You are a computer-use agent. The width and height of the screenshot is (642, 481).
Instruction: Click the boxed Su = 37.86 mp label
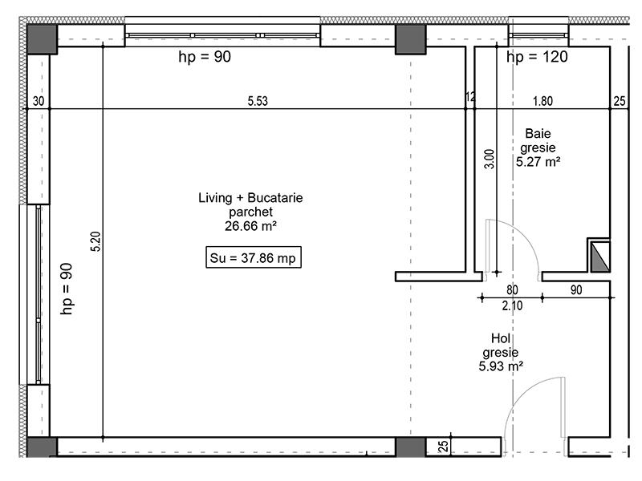pos(254,257)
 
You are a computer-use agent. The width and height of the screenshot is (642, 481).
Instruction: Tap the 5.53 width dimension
pos(258,101)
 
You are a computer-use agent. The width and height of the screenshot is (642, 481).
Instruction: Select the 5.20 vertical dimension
pos(95,241)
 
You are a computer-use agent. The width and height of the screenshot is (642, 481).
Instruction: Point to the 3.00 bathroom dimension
pos(490,159)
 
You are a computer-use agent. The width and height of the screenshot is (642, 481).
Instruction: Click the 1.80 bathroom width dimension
pos(542,101)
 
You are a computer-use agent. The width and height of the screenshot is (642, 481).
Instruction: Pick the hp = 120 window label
pos(537,57)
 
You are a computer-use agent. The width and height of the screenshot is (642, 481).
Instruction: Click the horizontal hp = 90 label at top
pos(205,57)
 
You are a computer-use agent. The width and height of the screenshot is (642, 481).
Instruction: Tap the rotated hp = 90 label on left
pos(67,289)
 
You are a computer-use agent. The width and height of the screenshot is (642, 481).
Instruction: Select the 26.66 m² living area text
pos(250,226)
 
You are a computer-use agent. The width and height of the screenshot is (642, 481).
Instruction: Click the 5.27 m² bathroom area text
pos(538,162)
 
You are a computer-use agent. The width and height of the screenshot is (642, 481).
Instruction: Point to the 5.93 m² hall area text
pos(501,366)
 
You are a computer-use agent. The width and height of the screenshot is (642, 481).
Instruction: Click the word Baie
pos(538,133)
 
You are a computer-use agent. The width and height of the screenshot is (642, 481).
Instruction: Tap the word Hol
pos(501,338)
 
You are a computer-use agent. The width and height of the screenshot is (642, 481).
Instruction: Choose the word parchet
pos(250,212)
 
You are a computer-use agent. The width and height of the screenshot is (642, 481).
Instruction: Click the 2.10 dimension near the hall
pos(512,305)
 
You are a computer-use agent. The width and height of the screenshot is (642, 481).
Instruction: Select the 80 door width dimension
pos(512,290)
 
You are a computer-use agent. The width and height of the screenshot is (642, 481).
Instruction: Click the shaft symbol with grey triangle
pos(599,255)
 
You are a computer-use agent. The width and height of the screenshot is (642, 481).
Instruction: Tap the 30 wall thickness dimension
pos(39,101)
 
